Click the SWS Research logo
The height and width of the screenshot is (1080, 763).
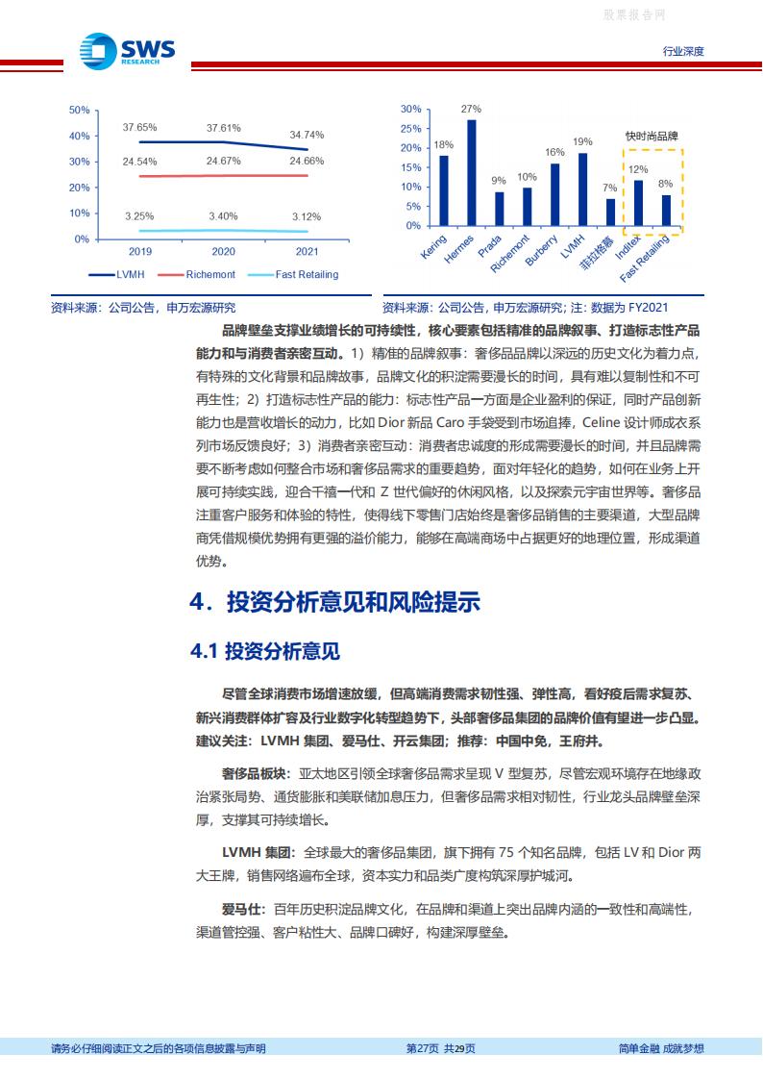[x=127, y=49]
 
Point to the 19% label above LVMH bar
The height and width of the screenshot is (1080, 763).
[x=582, y=141]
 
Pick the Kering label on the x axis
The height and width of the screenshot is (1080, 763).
[x=434, y=245]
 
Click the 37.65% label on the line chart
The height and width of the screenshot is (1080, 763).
[x=139, y=127]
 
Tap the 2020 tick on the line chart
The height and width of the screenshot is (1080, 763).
[x=223, y=252]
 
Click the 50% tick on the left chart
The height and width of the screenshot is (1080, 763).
[x=80, y=110]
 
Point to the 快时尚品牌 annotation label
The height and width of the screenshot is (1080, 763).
[x=652, y=137]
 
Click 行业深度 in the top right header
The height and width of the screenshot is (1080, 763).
[x=683, y=51]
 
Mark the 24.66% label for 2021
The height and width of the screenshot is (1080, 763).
[x=306, y=161]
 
